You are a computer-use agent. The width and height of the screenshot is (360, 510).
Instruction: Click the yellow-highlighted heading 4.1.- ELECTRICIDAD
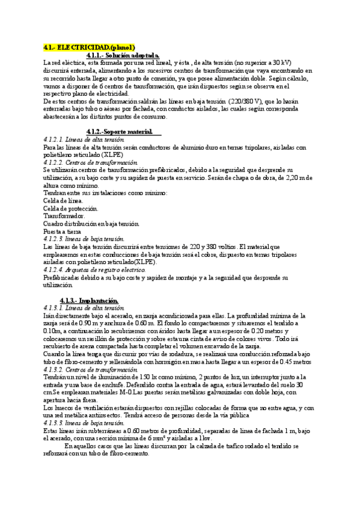coord(90,47)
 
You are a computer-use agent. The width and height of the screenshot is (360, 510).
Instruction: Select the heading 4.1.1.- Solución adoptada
coord(123,55)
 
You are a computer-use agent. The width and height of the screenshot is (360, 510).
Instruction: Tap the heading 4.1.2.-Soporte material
coord(120,131)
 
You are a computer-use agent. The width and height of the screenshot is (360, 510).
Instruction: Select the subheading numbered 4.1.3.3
coord(84,423)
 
